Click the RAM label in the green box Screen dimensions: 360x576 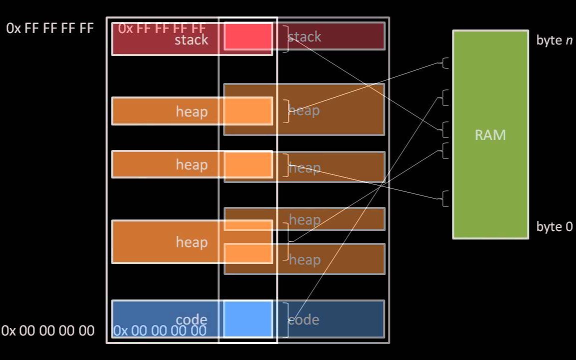490,135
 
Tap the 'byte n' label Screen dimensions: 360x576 554,40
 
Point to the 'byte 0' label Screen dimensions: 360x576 554,226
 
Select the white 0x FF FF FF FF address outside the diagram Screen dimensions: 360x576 50,28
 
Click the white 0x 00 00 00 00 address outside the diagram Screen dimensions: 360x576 48,330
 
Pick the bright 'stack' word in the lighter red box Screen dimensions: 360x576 191,40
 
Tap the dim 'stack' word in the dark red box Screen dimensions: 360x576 304,36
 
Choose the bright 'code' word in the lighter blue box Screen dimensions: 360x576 191,319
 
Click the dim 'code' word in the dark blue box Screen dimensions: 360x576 304,319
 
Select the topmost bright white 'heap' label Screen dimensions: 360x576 191,111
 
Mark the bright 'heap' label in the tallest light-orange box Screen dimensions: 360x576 191,242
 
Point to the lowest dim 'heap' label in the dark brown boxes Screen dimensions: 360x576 304,259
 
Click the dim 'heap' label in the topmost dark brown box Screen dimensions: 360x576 304,110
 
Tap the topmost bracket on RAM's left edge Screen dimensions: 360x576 444,63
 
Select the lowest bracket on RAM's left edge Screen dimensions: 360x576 444,198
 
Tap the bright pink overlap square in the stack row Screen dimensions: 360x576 247,36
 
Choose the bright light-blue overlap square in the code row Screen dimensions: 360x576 247,319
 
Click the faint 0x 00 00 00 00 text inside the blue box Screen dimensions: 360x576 159,330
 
